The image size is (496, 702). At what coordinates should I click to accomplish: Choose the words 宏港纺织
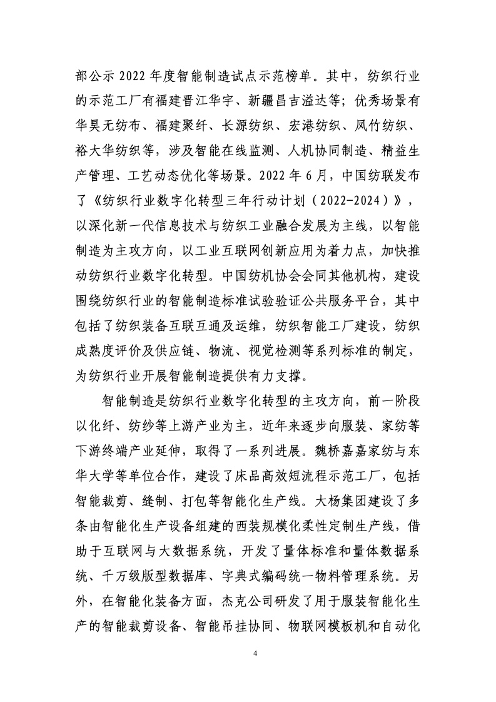coord(328,125)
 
